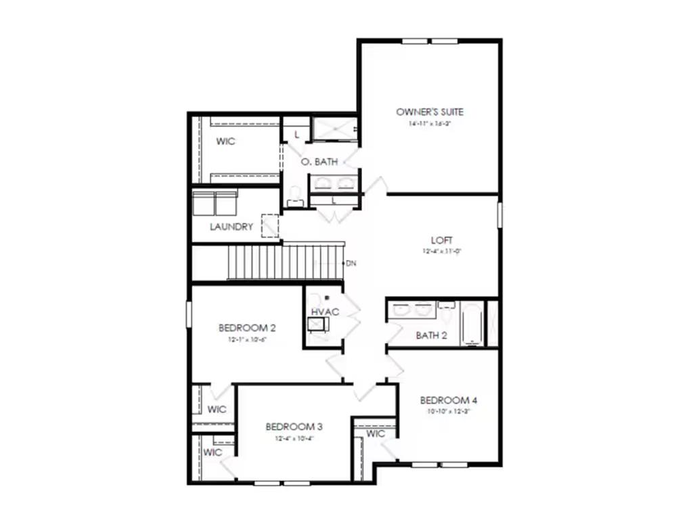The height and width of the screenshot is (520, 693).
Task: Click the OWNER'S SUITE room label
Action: click(430, 112)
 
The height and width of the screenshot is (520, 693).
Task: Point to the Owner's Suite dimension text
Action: click(430, 125)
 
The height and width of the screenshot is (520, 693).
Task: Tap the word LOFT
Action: click(441, 240)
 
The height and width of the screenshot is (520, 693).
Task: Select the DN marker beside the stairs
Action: click(351, 263)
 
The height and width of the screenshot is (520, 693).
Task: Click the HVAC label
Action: click(324, 311)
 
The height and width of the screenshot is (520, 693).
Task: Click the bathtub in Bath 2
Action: click(471, 324)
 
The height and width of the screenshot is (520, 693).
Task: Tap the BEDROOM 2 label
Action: click(247, 328)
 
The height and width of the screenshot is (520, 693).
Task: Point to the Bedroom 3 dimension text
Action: click(294, 438)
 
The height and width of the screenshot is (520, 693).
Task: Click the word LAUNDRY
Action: click(231, 227)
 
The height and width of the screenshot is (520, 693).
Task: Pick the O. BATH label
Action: click(319, 162)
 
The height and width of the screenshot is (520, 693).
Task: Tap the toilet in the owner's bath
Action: click(294, 197)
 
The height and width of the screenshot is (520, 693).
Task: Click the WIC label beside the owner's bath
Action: click(225, 142)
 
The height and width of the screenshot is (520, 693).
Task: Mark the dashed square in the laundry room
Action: click(270, 225)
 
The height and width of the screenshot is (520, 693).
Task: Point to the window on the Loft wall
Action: click(500, 215)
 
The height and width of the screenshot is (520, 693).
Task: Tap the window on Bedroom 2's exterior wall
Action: click(189, 315)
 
